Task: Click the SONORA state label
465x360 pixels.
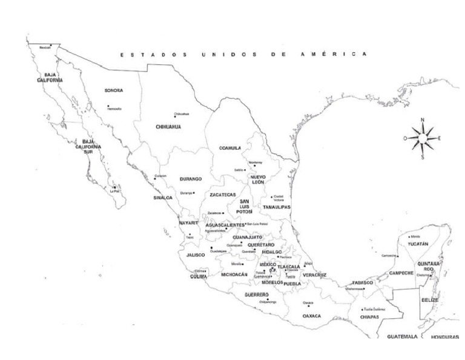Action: click(x=113, y=91)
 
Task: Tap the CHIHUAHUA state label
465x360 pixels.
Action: click(x=168, y=127)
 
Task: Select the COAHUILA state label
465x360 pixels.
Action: click(x=230, y=148)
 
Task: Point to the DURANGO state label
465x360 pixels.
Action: click(x=191, y=179)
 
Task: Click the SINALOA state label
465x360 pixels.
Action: click(x=163, y=198)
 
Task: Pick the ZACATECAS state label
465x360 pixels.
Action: click(x=223, y=195)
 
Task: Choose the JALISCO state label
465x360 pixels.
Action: click(x=196, y=255)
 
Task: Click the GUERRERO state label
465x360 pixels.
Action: click(x=257, y=295)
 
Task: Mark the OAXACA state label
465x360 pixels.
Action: click(x=312, y=316)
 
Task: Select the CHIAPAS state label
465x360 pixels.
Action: click(x=369, y=317)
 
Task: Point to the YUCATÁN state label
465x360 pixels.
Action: click(x=418, y=244)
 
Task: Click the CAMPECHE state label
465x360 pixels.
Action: click(x=401, y=273)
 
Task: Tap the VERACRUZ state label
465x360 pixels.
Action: click(x=315, y=275)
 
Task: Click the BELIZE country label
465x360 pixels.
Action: click(x=429, y=300)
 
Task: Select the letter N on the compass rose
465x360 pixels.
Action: click(x=423, y=120)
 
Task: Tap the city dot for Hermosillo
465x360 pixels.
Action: click(x=108, y=106)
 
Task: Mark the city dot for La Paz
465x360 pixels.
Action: click(x=114, y=187)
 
